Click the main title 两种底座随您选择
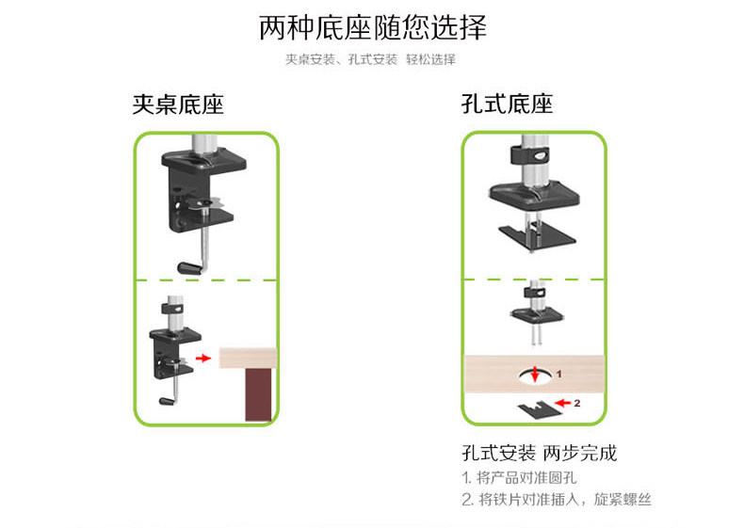[x=373, y=28]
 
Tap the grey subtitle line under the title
[x=371, y=59]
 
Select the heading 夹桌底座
[x=177, y=104]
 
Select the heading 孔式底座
[x=507, y=104]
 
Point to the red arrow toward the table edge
[x=202, y=359]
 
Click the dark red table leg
[x=259, y=395]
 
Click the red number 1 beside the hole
[x=558, y=373]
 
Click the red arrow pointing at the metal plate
[x=562, y=403]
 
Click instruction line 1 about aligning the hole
[x=519, y=478]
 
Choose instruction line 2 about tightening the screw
[x=556, y=500]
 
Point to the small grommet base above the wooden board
[x=534, y=308]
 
